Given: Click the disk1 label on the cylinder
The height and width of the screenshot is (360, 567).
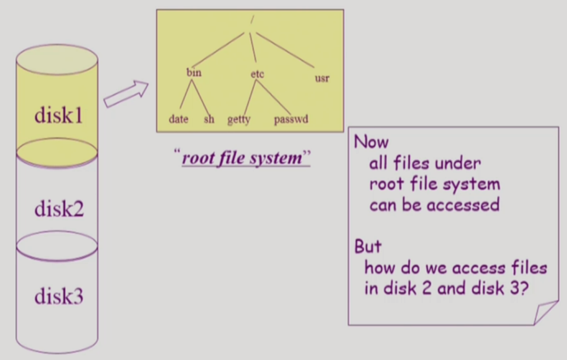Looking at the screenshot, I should pyautogui.click(x=59, y=115).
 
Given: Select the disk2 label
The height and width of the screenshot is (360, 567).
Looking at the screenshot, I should pyautogui.click(x=59, y=208).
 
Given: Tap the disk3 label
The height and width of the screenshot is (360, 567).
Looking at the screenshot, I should pyautogui.click(x=59, y=296).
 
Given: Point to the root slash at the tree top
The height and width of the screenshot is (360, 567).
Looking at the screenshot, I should pyautogui.click(x=251, y=20).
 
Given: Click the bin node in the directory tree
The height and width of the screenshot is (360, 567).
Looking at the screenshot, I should pyautogui.click(x=194, y=72).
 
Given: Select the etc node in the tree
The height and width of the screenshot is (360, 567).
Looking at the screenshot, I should pyautogui.click(x=257, y=74).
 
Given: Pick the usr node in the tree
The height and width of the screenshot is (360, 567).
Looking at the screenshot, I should pyautogui.click(x=322, y=78).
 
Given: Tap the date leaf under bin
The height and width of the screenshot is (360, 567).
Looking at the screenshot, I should pyautogui.click(x=179, y=119).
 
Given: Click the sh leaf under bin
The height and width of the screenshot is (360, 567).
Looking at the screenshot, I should pyautogui.click(x=209, y=119).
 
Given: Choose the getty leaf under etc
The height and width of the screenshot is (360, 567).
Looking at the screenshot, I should pyautogui.click(x=239, y=119).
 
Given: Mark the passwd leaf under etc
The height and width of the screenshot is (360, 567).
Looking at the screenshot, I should pyautogui.click(x=291, y=119).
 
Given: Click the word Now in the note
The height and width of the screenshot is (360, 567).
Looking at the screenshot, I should pyautogui.click(x=371, y=142).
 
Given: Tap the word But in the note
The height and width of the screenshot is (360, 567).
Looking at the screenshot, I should pyautogui.click(x=368, y=247).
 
